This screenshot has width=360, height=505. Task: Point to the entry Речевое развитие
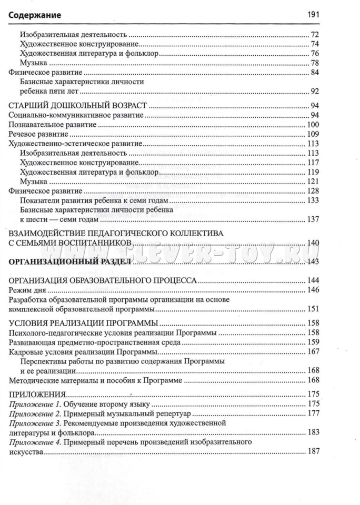click(37, 134)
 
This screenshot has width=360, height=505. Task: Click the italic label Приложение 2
click(33, 413)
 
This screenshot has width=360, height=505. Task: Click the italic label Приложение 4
click(33, 442)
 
